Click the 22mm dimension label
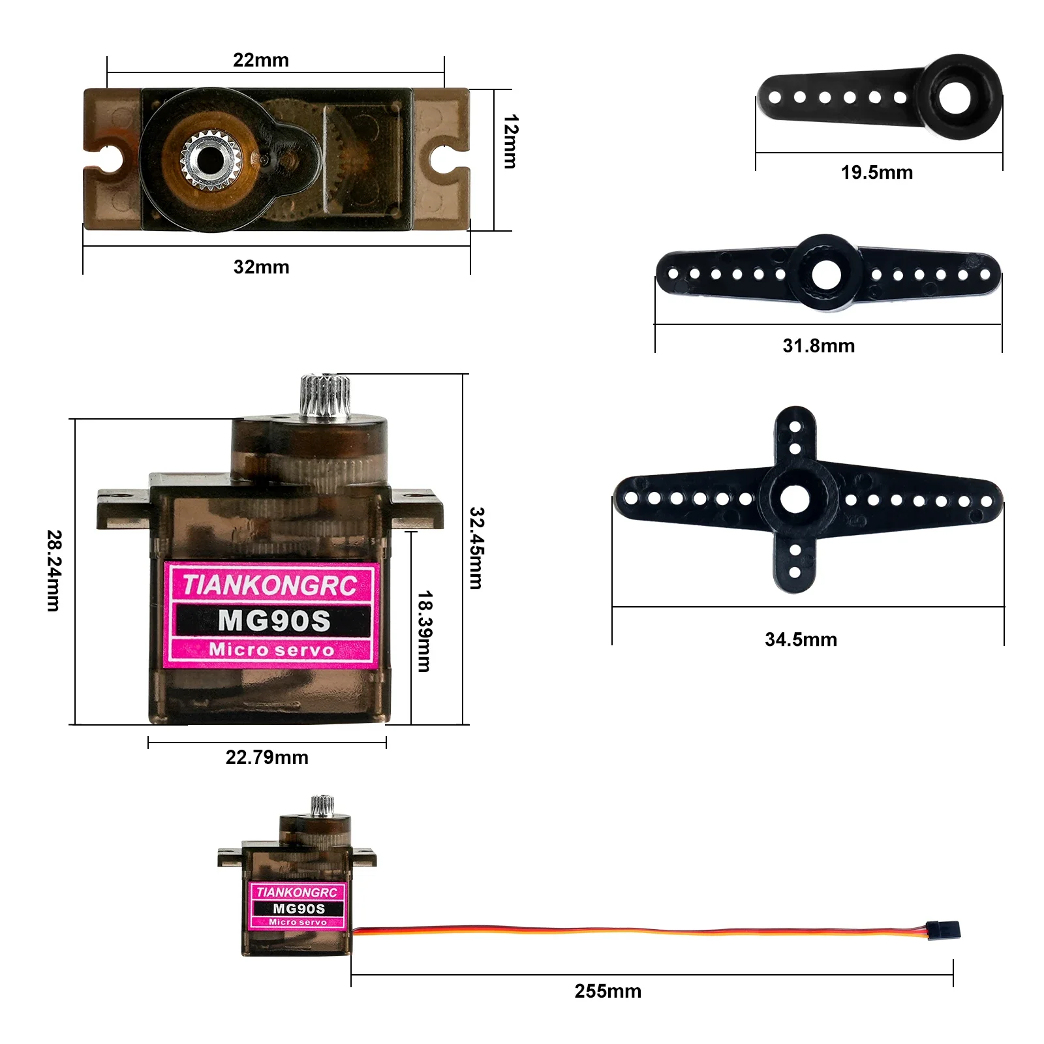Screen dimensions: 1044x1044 tap(260, 60)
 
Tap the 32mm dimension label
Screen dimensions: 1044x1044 tap(261, 267)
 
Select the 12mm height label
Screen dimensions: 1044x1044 tap(510, 142)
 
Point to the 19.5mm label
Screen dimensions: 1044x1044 tap(876, 173)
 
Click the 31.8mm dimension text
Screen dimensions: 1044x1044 tap(818, 346)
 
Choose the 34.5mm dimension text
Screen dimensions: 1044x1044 tap(801, 639)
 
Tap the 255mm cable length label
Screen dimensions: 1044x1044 tap(607, 991)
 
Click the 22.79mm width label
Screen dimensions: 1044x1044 tap(267, 758)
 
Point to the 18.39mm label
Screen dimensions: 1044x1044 tap(424, 631)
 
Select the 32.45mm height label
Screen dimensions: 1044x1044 tap(477, 548)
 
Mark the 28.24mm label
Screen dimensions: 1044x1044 tap(54, 570)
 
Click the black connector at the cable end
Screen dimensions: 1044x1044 tap(944, 930)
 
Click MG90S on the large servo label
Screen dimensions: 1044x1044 tap(274, 621)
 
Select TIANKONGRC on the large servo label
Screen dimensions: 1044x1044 tap(269, 585)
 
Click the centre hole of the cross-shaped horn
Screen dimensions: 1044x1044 tap(795, 500)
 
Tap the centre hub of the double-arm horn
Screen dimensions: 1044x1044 tap(826, 274)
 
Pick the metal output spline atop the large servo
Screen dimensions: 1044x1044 tap(324, 395)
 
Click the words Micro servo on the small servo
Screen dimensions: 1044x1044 tap(298, 922)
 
